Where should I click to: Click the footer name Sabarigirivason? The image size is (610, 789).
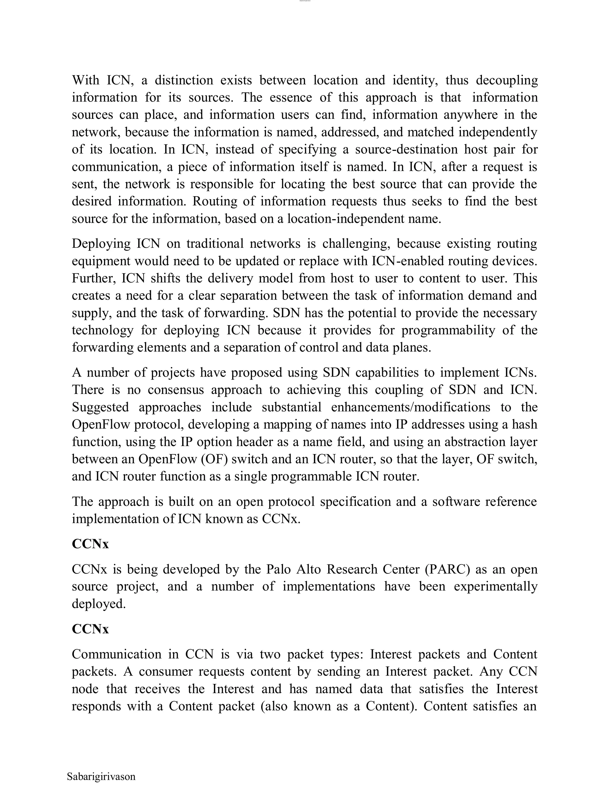click(101, 776)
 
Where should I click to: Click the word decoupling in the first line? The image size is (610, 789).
click(507, 80)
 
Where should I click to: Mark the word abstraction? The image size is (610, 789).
click(459, 442)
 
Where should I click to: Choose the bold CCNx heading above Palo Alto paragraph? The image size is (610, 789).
click(90, 544)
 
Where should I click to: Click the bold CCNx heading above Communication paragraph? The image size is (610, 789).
click(90, 629)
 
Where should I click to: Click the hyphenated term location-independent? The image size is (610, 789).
click(351, 219)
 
